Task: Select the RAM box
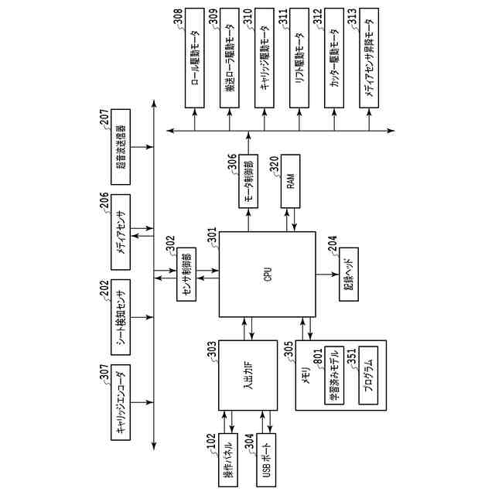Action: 291,183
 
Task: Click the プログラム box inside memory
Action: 367,375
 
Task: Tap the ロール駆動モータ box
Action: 195,59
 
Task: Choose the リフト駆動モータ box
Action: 300,59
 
